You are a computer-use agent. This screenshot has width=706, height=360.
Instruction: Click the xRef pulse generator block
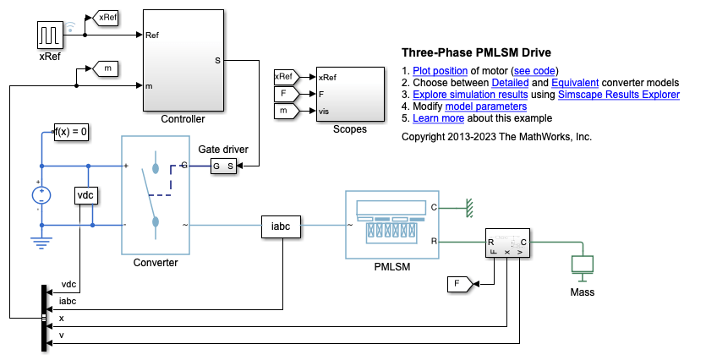(x=49, y=35)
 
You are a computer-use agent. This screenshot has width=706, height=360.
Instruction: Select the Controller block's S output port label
(x=218, y=60)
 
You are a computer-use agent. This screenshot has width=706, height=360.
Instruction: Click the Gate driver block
(x=224, y=166)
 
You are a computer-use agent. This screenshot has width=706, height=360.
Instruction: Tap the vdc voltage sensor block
(x=85, y=195)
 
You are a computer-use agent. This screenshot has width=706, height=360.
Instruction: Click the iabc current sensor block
(x=280, y=226)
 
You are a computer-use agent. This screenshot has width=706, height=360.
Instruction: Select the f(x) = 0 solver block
(x=72, y=132)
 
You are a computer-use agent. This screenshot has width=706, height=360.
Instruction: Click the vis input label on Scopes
(x=325, y=112)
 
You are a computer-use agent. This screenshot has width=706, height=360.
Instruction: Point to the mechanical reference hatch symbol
(x=465, y=206)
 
